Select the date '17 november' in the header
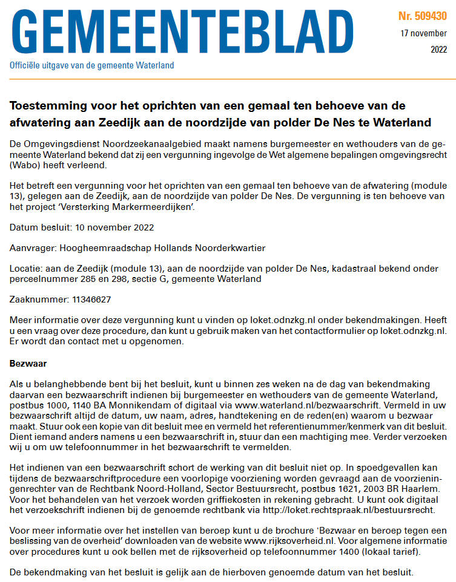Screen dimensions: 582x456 coord(424,33)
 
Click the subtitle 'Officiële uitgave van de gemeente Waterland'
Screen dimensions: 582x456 coord(91,65)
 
